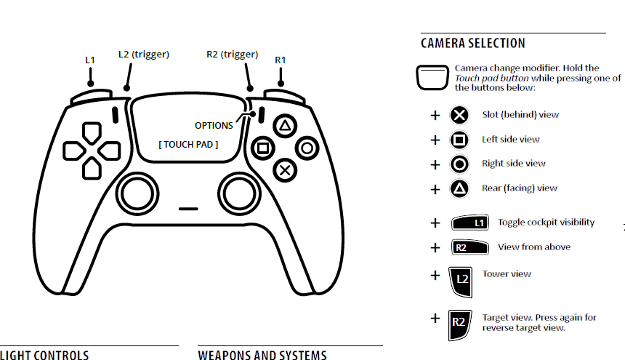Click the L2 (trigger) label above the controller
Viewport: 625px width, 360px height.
pos(143,54)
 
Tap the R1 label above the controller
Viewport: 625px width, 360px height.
pos(281,60)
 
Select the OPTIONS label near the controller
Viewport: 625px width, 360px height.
pos(214,125)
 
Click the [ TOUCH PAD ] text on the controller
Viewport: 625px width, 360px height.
pos(188,144)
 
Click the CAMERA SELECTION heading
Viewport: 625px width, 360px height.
pos(472,44)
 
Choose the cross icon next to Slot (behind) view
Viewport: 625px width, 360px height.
pos(459,115)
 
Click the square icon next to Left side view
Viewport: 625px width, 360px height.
pos(459,140)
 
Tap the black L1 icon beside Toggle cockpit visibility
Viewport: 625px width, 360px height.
pos(471,223)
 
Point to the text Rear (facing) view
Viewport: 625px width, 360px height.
pos(519,188)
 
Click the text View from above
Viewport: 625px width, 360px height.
pos(533,247)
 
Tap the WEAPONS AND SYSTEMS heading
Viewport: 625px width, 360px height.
pos(262,355)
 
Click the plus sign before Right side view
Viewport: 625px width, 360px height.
pos(435,164)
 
